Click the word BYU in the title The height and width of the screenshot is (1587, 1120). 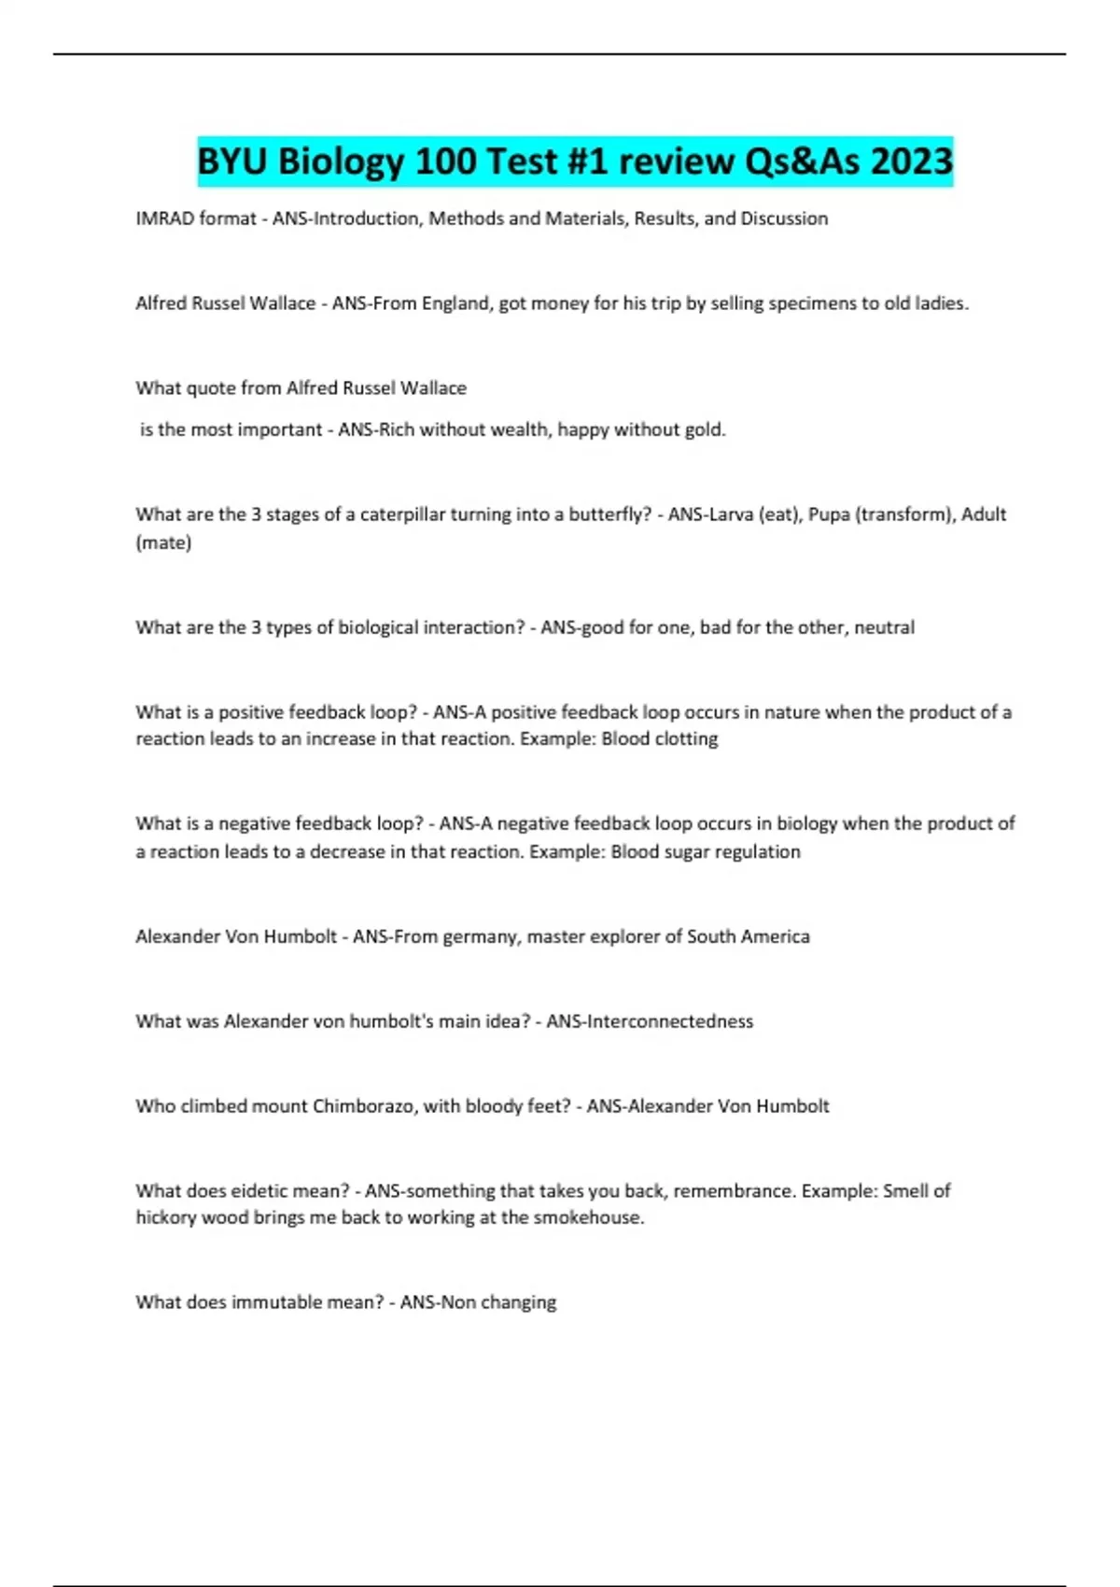click(232, 162)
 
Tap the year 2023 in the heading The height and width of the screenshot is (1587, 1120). click(911, 162)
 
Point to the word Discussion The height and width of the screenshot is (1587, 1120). click(784, 218)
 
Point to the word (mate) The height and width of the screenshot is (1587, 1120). click(163, 542)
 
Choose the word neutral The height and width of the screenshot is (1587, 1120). click(884, 627)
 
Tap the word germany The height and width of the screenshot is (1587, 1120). click(480, 936)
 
